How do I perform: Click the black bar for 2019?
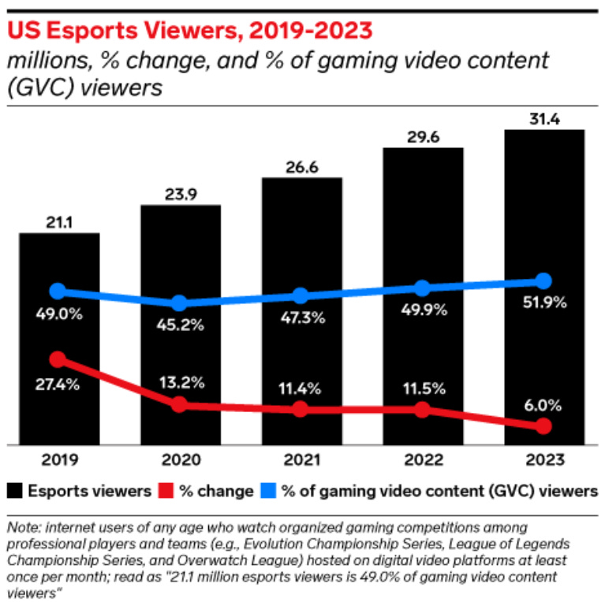click(x=59, y=339)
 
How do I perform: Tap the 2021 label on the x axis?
click(x=301, y=459)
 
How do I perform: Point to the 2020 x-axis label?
click(x=181, y=459)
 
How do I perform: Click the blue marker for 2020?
click(x=180, y=303)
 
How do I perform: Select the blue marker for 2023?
click(x=543, y=281)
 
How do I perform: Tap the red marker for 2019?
click(x=58, y=359)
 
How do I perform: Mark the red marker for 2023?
click(x=543, y=426)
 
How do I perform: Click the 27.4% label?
click(x=58, y=385)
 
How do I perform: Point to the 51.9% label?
click(x=544, y=303)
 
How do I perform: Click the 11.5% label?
click(x=423, y=388)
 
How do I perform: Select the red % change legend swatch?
click(x=166, y=490)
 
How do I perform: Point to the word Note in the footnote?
click(x=21, y=526)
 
